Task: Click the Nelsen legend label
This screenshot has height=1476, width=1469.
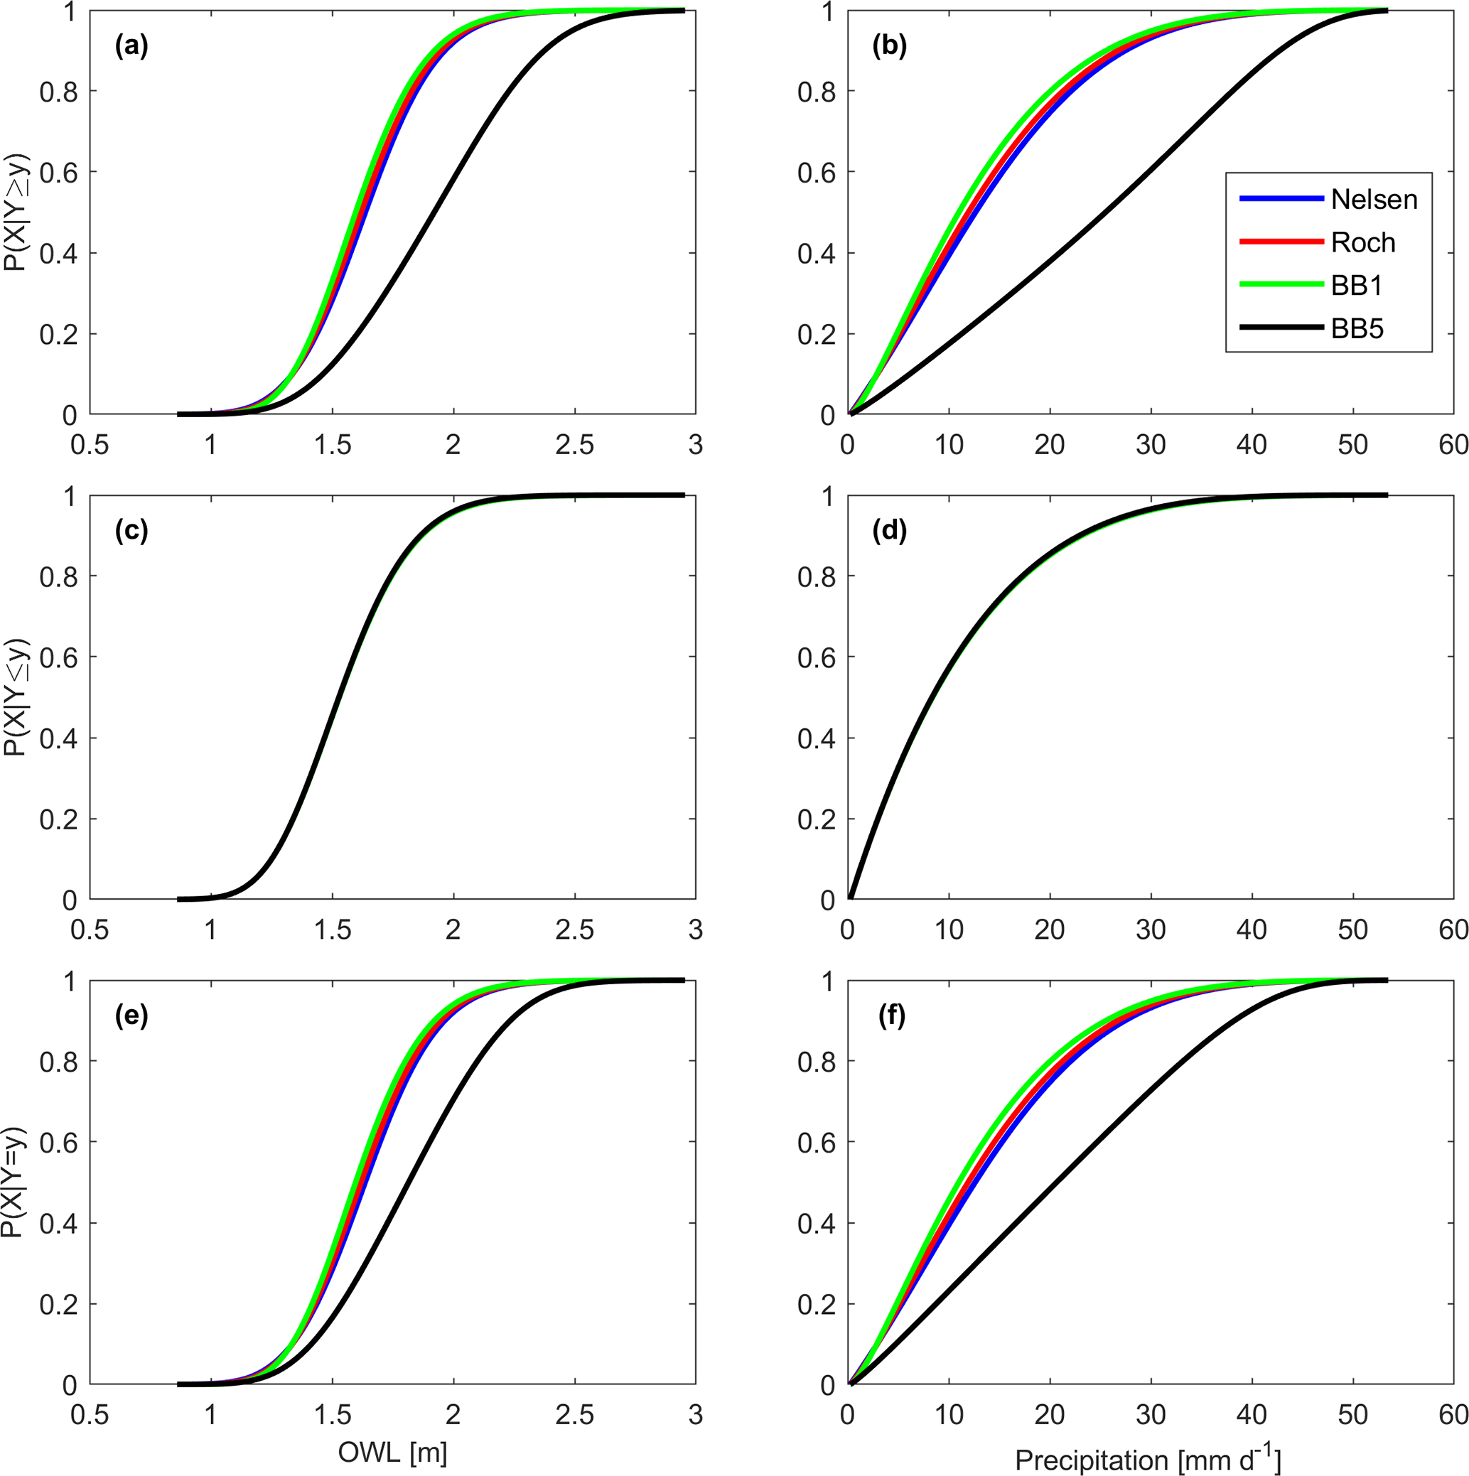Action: click(x=1374, y=200)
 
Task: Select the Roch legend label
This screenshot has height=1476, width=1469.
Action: click(x=1363, y=243)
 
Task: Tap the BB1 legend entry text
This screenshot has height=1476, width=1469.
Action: click(x=1357, y=286)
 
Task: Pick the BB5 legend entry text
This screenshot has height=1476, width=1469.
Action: click(x=1357, y=329)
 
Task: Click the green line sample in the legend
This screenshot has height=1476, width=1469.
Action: click(x=1281, y=285)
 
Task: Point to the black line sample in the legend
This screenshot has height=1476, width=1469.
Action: click(x=1281, y=328)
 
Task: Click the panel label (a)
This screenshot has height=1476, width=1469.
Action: click(x=131, y=48)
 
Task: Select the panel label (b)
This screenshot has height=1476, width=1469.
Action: click(x=889, y=48)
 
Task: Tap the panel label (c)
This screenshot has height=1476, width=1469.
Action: click(x=131, y=532)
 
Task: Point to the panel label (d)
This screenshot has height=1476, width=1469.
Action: click(x=889, y=532)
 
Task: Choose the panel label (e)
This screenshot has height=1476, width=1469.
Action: click(x=131, y=1017)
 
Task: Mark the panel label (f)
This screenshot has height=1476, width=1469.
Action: click(x=888, y=1017)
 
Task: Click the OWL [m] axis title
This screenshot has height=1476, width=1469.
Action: click(x=392, y=1453)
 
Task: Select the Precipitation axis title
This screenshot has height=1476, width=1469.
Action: click(x=1146, y=1458)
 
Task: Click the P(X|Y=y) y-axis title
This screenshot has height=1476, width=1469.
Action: click(x=14, y=1183)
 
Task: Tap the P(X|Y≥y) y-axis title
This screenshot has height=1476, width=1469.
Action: click(x=14, y=213)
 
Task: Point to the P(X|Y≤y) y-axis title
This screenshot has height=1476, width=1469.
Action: click(x=14, y=696)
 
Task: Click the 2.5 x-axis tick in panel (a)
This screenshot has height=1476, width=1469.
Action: click(x=574, y=446)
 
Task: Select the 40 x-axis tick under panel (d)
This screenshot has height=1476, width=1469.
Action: click(x=1252, y=930)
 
